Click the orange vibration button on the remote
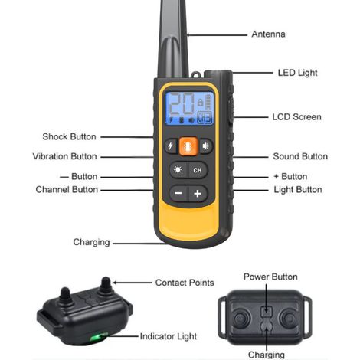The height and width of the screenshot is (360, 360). (x=188, y=146)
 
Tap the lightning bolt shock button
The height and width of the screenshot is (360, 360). (x=171, y=146)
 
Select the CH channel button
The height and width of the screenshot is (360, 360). (x=198, y=170)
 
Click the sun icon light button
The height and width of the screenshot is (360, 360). (x=178, y=170)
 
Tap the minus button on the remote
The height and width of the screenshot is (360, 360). (x=178, y=193)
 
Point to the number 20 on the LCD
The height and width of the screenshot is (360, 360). (x=182, y=104)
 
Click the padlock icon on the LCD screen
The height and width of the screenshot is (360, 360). (x=201, y=102)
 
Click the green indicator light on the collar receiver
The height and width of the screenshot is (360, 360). (x=98, y=337)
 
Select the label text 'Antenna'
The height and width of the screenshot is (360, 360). (x=268, y=34)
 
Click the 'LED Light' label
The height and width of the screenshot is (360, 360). (x=297, y=73)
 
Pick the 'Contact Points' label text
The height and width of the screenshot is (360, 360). (x=185, y=283)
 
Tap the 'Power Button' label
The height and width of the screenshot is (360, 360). (x=270, y=277)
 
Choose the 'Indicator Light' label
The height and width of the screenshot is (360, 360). (x=169, y=336)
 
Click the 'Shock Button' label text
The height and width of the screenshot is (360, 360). (x=69, y=136)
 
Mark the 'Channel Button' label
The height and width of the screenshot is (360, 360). (x=67, y=189)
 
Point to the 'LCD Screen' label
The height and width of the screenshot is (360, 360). (x=296, y=117)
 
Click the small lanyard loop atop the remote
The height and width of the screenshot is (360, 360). (x=196, y=75)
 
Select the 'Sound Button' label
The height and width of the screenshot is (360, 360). (x=300, y=156)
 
